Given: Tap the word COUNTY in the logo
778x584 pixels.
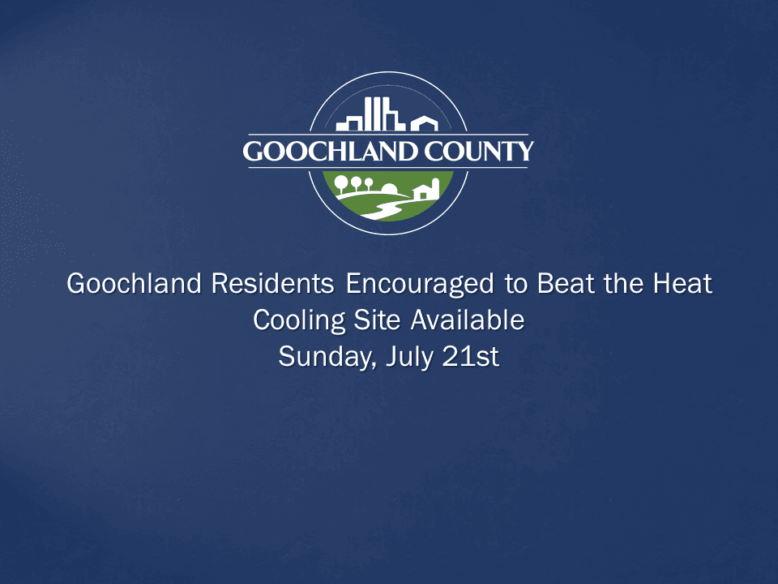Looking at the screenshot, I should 481,152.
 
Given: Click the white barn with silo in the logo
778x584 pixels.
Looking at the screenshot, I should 425,190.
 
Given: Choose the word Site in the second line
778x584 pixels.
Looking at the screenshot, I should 378,320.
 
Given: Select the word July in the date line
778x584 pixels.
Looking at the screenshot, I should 410,358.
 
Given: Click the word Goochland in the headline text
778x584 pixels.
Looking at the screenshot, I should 135,285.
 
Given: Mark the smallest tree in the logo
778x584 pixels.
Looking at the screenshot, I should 369,182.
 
